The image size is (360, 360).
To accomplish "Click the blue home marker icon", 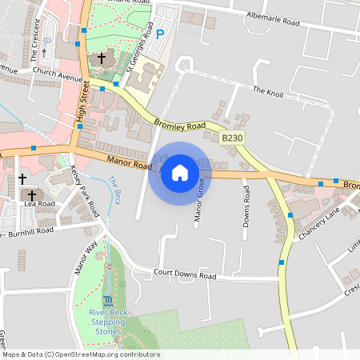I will pyautogui.click(x=180, y=173).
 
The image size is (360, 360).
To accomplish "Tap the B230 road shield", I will pyautogui.click(x=232, y=138).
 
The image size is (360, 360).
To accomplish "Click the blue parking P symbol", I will pyautogui.click(x=160, y=34).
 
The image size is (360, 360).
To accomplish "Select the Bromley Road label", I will pyautogui.click(x=181, y=126).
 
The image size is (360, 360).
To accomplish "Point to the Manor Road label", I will pyautogui.click(x=127, y=163).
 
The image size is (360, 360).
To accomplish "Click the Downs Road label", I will pyautogui.click(x=246, y=206).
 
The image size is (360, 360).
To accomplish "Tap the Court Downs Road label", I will pyautogui.click(x=185, y=275).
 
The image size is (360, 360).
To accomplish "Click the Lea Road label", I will pyautogui.click(x=39, y=204).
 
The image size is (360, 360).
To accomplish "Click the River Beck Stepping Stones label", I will pyautogui.click(x=106, y=321).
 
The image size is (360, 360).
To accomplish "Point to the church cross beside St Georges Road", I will pyautogui.click(x=102, y=58).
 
